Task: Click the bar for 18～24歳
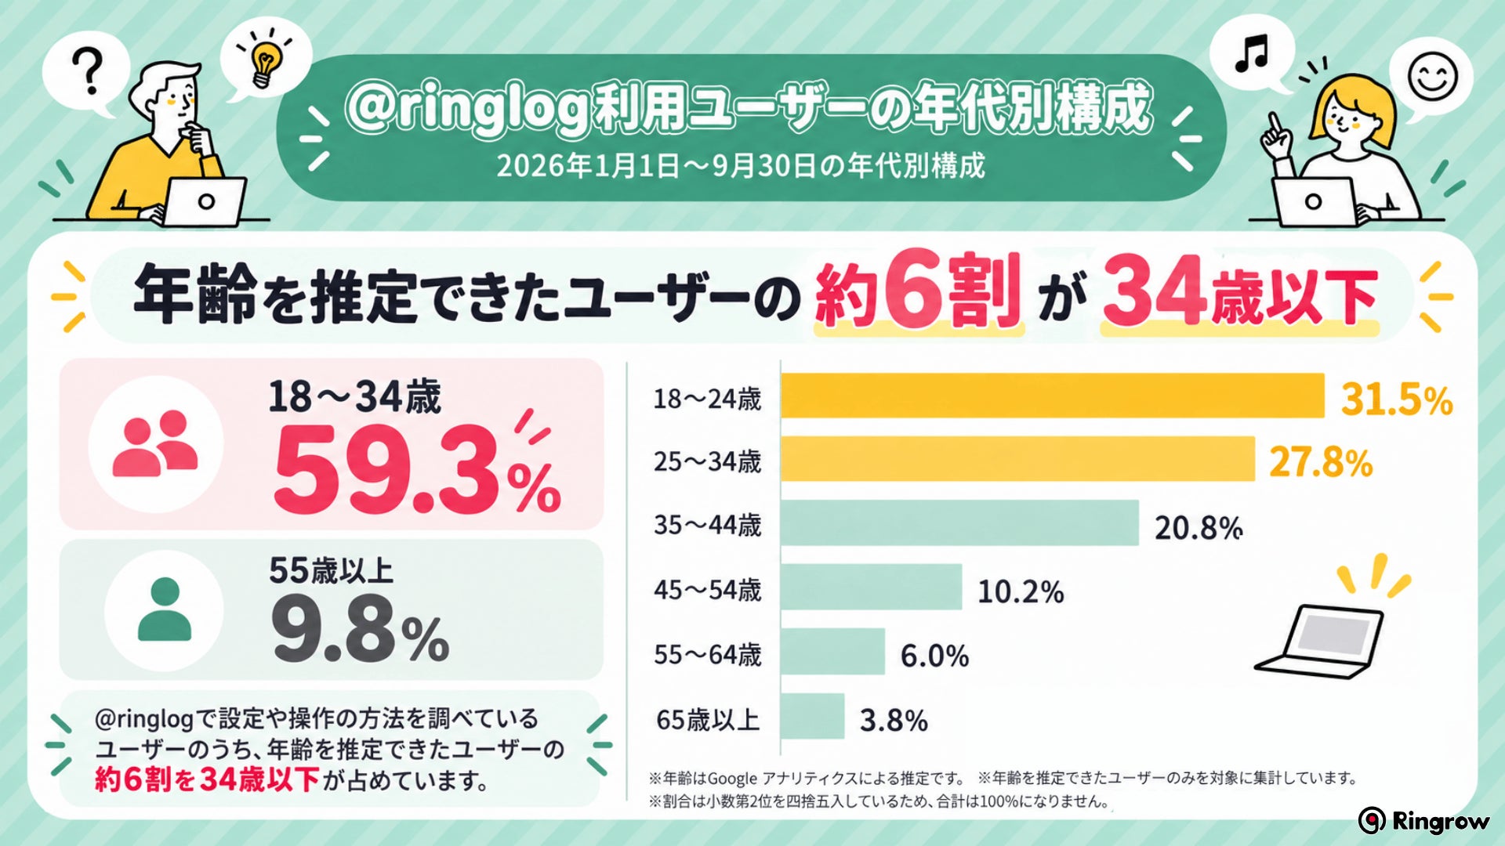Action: pos(1052,396)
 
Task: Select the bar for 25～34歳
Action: pos(1017,458)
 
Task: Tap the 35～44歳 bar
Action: pos(959,522)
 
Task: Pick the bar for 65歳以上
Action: pos(813,715)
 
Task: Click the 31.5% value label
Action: pos(1397,399)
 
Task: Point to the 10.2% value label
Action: pos(1021,592)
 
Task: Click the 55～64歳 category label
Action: pos(707,655)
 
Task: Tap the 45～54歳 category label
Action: pos(707,590)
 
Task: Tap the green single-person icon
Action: pos(165,609)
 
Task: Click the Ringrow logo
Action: pos(1424,820)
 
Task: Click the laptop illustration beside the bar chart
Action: pos(1319,641)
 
